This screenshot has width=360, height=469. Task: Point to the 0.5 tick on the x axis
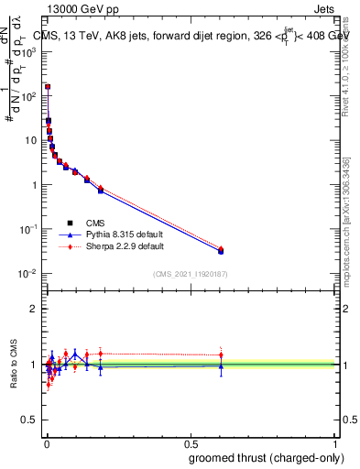coord(191,442)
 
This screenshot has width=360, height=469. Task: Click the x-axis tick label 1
coord(335,442)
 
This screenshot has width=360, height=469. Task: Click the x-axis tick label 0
coord(47,442)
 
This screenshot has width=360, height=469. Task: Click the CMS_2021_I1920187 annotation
coord(190,274)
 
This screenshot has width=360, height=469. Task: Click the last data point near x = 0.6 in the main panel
coord(220,250)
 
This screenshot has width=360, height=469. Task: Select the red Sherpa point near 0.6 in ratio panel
coord(220,354)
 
